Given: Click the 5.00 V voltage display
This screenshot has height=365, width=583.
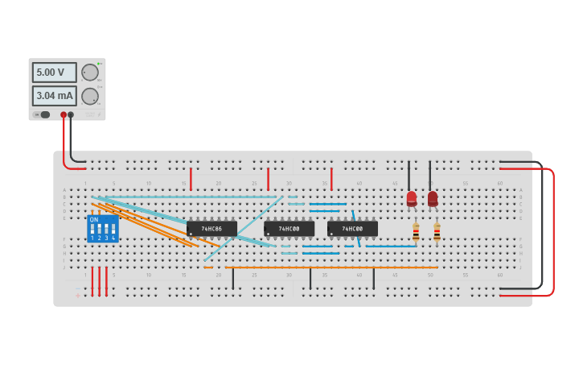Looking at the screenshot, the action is (x=54, y=73).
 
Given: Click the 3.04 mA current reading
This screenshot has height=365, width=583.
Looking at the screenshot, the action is (x=54, y=97).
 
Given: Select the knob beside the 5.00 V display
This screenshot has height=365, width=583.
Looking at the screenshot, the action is (x=89, y=73).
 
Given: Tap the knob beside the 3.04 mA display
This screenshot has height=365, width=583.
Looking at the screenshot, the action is (x=89, y=97).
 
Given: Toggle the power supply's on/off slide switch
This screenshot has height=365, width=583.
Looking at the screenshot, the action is (x=44, y=114).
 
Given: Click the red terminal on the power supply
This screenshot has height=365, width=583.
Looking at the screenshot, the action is (x=64, y=114).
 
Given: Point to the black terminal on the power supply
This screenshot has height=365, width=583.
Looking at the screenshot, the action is (x=71, y=114).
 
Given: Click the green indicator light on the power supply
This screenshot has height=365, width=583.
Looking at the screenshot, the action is (x=99, y=63).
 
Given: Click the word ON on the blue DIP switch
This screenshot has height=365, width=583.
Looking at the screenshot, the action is (x=94, y=220).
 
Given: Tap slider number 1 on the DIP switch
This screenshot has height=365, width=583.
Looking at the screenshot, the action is (x=92, y=230).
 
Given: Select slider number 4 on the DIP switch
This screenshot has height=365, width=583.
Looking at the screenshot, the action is (x=113, y=230).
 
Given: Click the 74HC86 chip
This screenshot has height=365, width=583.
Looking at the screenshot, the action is (x=211, y=229).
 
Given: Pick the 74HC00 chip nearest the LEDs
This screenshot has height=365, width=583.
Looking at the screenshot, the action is (x=352, y=229).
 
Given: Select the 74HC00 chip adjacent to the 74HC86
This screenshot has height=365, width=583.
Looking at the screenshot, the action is (x=289, y=229).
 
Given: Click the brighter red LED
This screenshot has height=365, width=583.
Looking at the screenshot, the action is (x=412, y=198).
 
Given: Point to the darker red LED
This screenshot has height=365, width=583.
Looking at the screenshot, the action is (x=433, y=198).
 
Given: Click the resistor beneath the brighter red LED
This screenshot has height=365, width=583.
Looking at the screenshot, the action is (x=416, y=232).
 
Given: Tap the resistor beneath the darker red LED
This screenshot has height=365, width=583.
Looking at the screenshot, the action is (x=437, y=232).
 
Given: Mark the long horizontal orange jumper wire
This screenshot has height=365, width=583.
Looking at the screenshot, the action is (x=330, y=268).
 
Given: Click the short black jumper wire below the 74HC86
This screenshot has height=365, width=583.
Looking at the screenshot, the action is (x=233, y=278).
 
